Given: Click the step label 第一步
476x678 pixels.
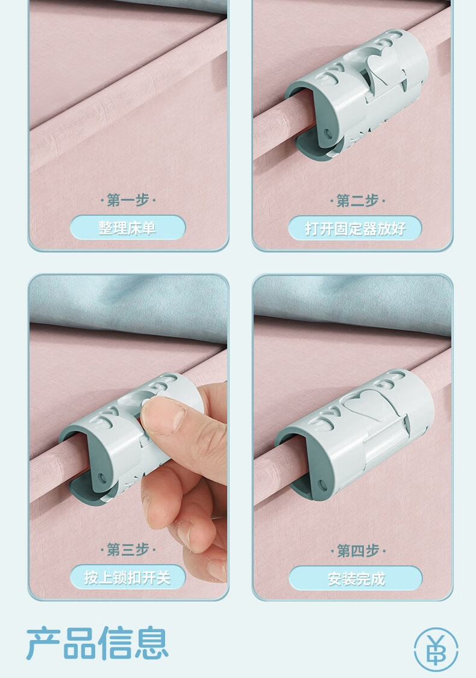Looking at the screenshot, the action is [x=128, y=200].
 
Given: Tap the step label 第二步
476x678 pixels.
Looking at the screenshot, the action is [x=357, y=201].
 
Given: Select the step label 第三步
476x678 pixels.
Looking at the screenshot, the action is [x=128, y=550].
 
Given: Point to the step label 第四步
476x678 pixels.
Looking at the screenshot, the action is [x=358, y=550].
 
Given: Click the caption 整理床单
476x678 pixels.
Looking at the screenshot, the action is [x=127, y=228].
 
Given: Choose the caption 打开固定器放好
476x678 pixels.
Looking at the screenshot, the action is [x=355, y=228].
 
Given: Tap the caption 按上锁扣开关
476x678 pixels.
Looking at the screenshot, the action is [x=128, y=577].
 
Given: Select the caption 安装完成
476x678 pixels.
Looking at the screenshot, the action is [x=356, y=579].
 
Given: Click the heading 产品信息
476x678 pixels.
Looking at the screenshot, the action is [x=97, y=644].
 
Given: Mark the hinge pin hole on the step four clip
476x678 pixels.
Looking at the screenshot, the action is [x=322, y=485].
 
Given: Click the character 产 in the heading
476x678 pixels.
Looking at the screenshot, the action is [x=43, y=644].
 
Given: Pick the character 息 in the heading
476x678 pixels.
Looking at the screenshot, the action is [x=151, y=644].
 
